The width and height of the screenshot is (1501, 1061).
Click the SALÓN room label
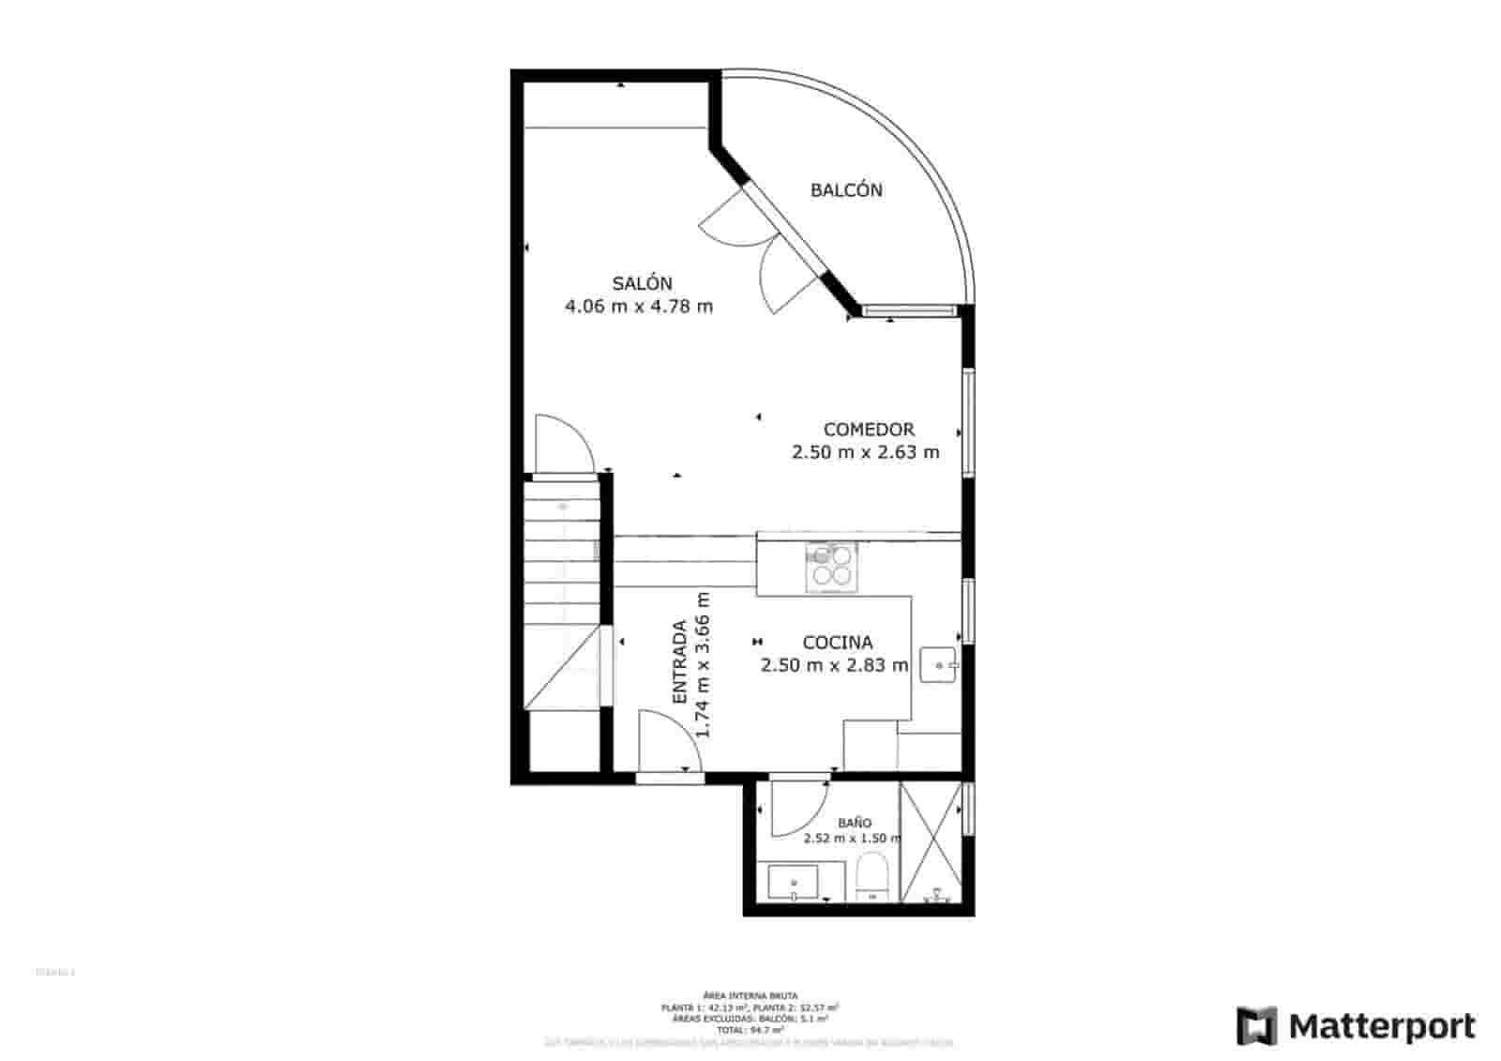642,283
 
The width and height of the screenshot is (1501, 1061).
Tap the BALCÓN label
846,190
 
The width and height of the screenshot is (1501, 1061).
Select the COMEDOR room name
868,430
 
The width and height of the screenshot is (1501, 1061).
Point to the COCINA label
837,643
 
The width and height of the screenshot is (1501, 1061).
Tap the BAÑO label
854,823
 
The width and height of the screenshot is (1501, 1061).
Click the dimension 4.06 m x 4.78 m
639,306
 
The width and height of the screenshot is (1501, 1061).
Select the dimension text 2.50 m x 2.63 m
865,452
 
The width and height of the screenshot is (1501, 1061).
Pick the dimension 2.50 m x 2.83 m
834,666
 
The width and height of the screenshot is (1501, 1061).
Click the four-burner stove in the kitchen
831,567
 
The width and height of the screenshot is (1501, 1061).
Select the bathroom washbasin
794,883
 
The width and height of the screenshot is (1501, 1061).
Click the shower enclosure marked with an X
931,841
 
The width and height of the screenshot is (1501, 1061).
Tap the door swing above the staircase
562,444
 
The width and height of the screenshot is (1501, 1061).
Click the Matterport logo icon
1256,1025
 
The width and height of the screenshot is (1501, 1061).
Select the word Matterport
1382,1026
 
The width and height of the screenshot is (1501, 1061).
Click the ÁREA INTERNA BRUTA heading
750,994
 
